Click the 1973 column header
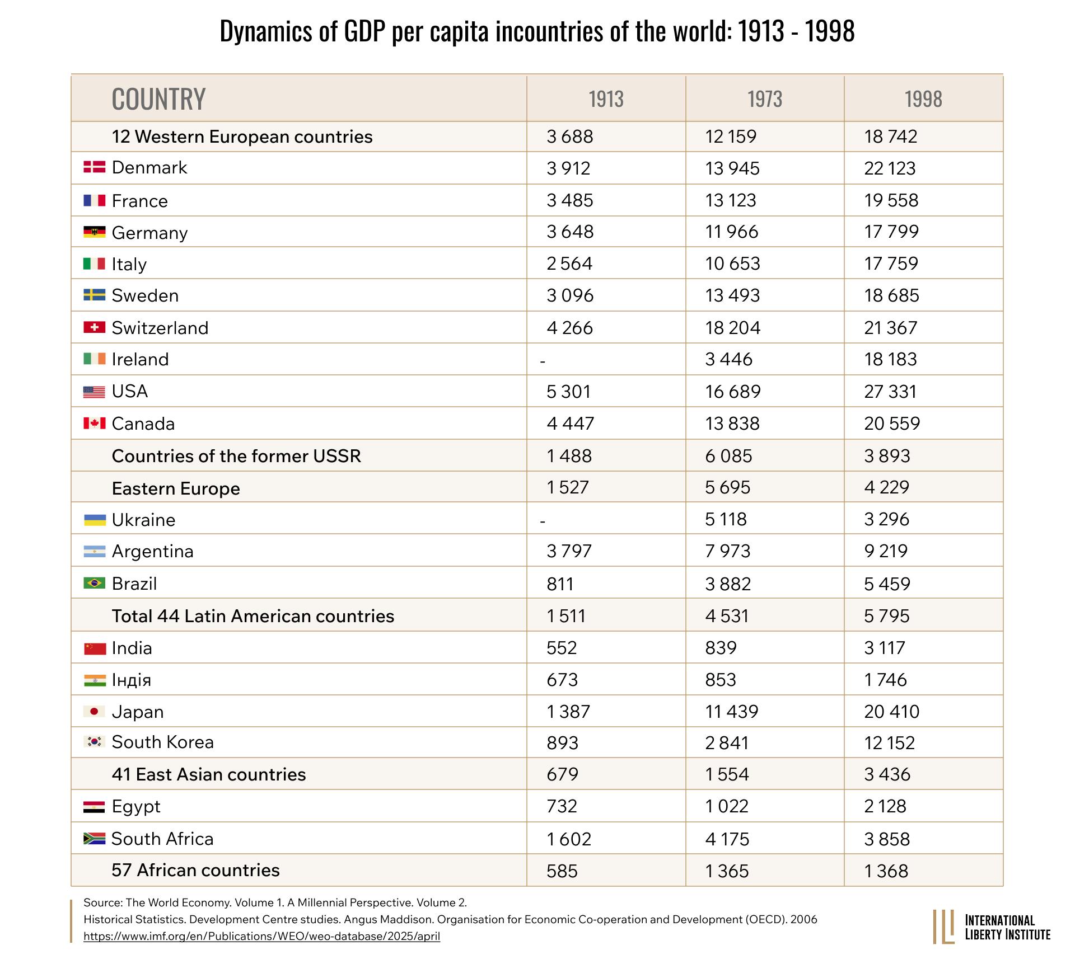pos(765,99)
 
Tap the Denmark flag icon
pos(94,167)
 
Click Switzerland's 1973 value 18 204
pos(733,327)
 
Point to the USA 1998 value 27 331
pos(890,391)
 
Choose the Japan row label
pos(138,712)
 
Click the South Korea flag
pos(94,742)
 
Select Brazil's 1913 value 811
pos(560,584)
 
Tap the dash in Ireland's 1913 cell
pos(543,361)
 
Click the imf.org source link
pos(261,936)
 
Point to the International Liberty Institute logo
pos(992,927)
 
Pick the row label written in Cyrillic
pos(131,680)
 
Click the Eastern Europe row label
pos(176,488)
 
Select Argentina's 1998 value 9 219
pos(886,551)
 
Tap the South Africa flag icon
pos(94,838)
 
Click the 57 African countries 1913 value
pos(562,871)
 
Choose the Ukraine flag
pos(94,520)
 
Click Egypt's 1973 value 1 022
pos(727,806)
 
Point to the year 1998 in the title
pos(830,31)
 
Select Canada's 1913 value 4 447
pos(570,424)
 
